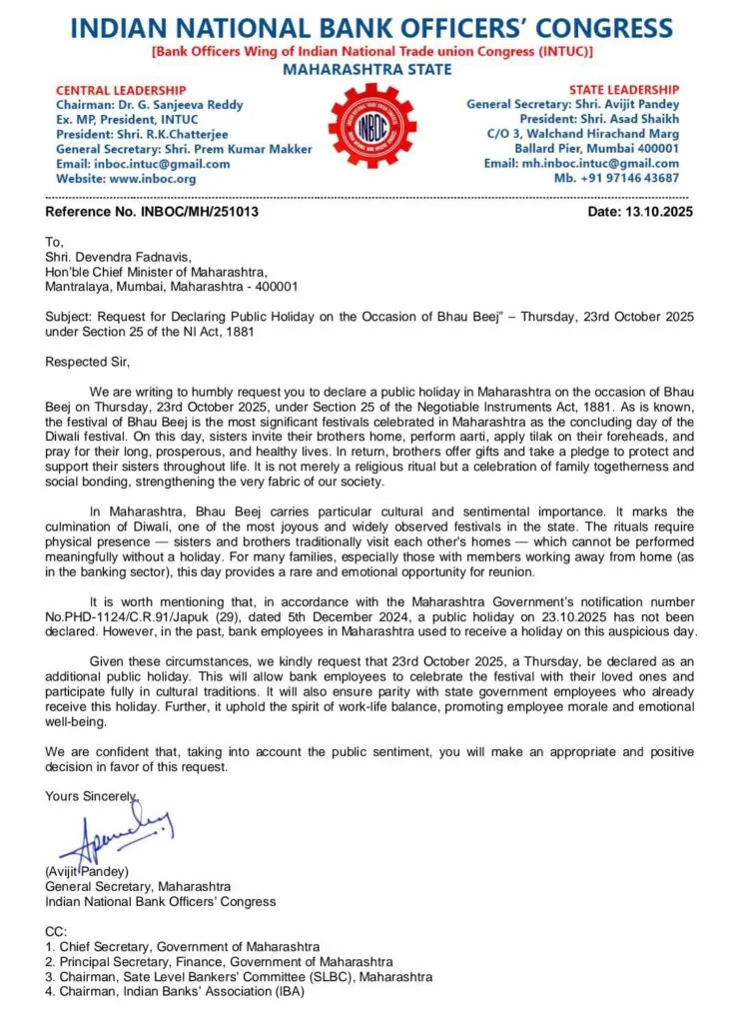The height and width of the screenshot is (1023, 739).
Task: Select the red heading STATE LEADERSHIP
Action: [x=624, y=90]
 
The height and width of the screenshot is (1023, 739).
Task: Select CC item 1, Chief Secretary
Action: [x=183, y=946]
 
